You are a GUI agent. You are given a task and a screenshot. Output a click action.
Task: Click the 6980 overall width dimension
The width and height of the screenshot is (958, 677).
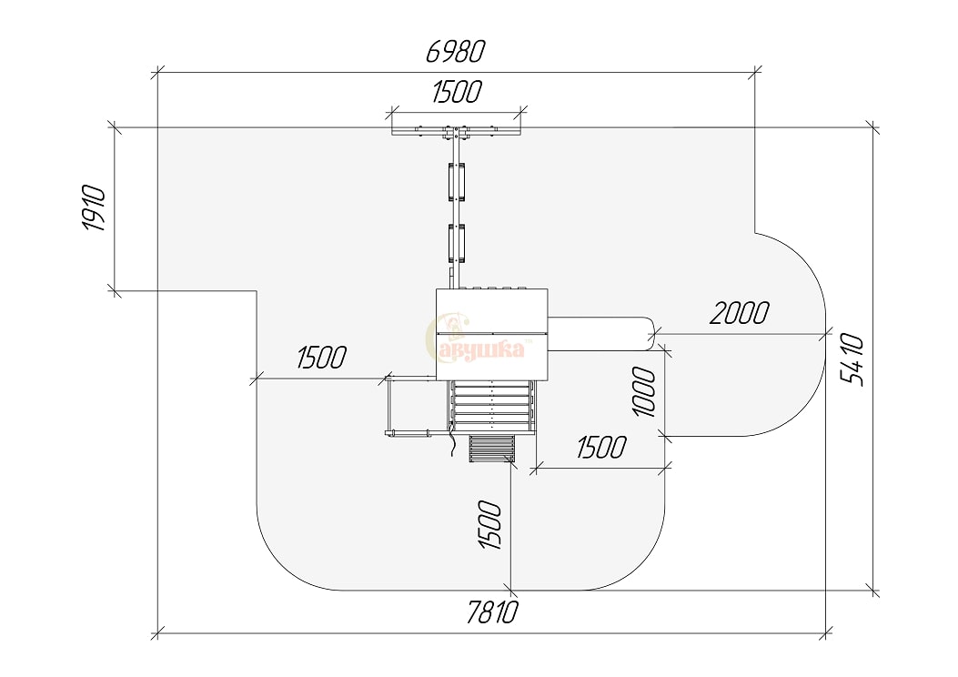point(455,51)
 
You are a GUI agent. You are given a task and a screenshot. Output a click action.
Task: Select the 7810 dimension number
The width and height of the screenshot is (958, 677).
point(492,612)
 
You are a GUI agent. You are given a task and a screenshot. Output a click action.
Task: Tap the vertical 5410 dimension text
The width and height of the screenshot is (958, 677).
point(852,360)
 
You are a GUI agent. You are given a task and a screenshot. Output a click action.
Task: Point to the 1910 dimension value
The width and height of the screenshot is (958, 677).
point(95,207)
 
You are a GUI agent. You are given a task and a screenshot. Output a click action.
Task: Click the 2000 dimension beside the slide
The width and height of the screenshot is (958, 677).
point(740,313)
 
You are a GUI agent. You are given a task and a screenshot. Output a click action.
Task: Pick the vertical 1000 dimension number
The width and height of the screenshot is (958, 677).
point(644,391)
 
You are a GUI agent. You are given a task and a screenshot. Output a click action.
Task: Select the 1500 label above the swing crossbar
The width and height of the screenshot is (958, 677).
point(457,92)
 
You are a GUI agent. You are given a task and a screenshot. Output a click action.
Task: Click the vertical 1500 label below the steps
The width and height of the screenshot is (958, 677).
point(490,525)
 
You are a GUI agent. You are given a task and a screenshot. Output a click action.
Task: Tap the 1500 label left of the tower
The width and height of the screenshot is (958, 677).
point(321,358)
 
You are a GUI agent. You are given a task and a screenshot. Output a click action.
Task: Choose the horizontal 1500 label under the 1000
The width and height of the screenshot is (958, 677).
point(601,448)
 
